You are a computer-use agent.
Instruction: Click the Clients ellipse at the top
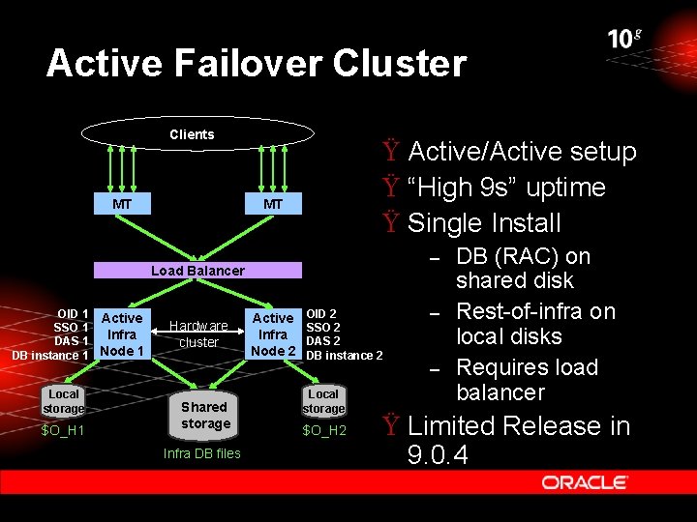(192, 134)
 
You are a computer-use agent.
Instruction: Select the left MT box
(122, 204)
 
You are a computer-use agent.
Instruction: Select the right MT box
(273, 204)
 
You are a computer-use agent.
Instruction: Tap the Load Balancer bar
(197, 271)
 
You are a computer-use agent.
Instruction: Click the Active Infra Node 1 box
(122, 333)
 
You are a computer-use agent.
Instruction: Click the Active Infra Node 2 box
(273, 333)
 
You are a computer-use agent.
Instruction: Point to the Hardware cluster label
(199, 333)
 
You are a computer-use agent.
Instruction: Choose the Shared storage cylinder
(205, 415)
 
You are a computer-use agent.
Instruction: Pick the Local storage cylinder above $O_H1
(64, 401)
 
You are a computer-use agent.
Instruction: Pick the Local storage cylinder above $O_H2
(323, 401)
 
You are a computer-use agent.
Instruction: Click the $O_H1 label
(63, 430)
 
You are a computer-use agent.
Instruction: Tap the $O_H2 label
(324, 430)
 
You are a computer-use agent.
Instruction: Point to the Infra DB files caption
(201, 453)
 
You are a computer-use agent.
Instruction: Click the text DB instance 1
(50, 356)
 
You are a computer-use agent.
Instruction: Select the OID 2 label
(321, 314)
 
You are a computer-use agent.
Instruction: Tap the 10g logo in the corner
(624, 39)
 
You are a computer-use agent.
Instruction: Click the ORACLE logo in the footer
(585, 482)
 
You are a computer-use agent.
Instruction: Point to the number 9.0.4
(438, 455)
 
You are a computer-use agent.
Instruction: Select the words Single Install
(484, 223)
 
